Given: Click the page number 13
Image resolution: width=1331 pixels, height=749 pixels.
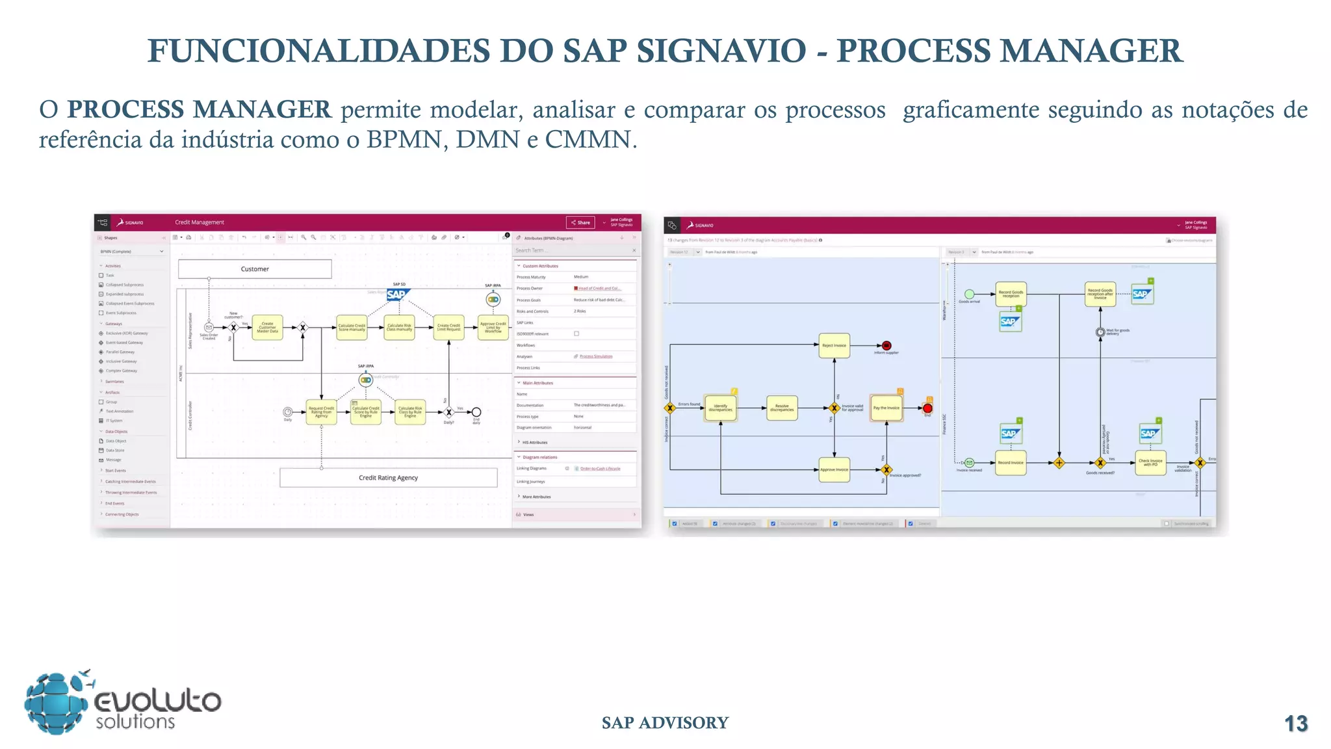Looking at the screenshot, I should tap(1296, 724).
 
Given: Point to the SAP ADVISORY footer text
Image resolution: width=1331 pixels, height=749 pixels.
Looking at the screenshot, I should tap(665, 723).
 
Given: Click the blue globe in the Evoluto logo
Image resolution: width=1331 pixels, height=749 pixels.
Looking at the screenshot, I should tap(56, 703).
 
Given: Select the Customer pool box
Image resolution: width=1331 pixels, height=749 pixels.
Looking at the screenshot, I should tap(255, 269).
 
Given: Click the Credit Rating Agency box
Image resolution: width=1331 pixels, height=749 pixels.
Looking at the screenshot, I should tap(388, 478).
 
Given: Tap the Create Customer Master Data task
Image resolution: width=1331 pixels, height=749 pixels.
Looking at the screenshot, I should tap(267, 328).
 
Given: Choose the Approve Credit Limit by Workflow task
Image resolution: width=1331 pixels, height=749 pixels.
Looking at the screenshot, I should tap(493, 328).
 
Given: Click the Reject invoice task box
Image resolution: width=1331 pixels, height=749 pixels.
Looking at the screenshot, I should tap(834, 346).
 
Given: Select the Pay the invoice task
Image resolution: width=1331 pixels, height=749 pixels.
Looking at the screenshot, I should tap(886, 408).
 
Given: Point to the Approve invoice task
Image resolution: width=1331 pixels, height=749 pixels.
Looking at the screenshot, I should tap(834, 469).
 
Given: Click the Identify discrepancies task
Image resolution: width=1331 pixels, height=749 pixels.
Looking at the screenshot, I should tap(720, 408).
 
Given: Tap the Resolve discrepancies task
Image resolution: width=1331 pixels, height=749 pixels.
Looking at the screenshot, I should tap(781, 408).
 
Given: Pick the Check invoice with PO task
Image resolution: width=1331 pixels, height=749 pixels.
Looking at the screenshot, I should tap(1150, 463).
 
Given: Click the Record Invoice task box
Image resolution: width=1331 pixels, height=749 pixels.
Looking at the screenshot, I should tap(1010, 463).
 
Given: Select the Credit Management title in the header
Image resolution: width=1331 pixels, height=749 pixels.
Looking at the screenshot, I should tap(200, 222).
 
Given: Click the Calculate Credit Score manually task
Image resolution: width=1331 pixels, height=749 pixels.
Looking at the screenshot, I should tap(352, 328).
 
